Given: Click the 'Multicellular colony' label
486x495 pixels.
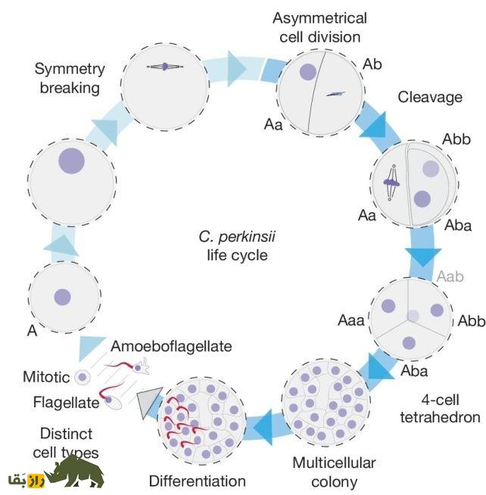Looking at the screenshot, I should pyautogui.click(x=334, y=472).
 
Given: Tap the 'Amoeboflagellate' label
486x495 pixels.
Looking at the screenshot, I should pyautogui.click(x=171, y=346).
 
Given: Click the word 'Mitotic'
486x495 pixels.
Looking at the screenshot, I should pyautogui.click(x=47, y=376).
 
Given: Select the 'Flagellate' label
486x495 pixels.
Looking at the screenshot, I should pyautogui.click(x=66, y=402).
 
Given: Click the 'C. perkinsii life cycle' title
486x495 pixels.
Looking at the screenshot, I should pyautogui.click(x=237, y=246).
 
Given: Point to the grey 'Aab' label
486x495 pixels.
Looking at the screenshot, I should pyautogui.click(x=449, y=277).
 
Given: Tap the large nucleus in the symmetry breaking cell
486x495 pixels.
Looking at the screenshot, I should pyautogui.click(x=72, y=160).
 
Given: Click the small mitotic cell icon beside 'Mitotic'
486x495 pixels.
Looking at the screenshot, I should pyautogui.click(x=83, y=377).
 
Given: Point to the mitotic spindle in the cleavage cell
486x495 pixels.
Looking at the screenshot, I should pyautogui.click(x=391, y=182).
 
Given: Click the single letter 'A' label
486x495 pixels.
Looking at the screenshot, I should pyautogui.click(x=32, y=330).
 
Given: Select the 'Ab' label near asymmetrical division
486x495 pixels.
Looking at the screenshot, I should pyautogui.click(x=372, y=64).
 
